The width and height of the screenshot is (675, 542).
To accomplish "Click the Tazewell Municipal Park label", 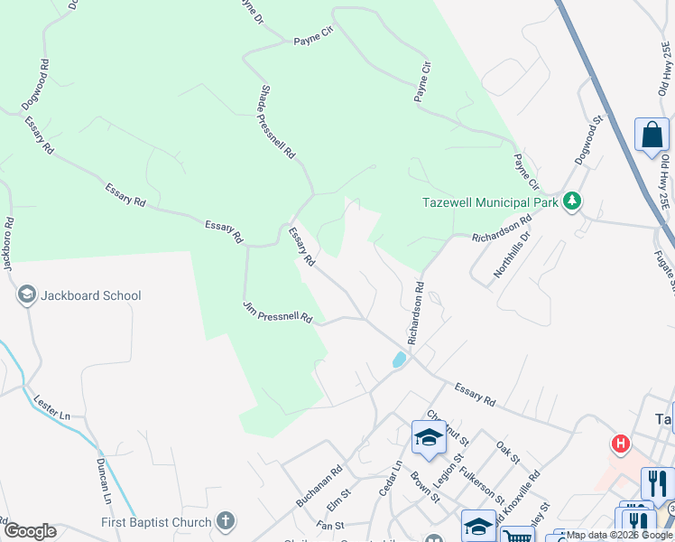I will [491, 201].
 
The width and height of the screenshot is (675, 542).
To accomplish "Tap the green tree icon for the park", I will [570, 201].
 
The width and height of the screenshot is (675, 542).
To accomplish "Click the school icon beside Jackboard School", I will [27, 295].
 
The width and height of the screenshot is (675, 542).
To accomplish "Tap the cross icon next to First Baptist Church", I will [226, 521].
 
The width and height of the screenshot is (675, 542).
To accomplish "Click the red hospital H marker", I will [621, 444].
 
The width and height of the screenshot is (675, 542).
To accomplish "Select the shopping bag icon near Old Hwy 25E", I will [651, 136].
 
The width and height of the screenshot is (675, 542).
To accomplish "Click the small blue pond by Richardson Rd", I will [399, 360].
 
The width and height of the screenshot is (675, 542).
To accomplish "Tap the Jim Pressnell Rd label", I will [277, 313].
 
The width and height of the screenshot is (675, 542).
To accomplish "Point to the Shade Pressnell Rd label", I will [277, 122].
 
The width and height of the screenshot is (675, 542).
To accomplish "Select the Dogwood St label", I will [587, 140].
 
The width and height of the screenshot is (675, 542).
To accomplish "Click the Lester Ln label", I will [51, 407].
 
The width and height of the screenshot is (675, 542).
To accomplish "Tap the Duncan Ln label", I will [104, 481].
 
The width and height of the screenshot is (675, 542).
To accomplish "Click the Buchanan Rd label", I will [319, 486].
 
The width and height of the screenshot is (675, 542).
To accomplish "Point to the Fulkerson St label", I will [481, 480].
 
